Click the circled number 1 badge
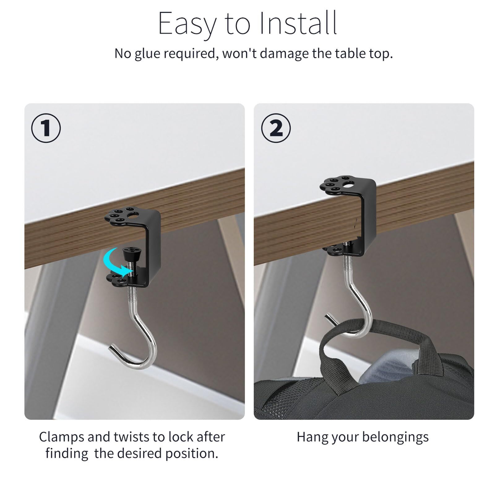point(46,128)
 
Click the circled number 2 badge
point(276,128)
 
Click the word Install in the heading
point(298,24)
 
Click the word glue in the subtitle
point(148,54)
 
